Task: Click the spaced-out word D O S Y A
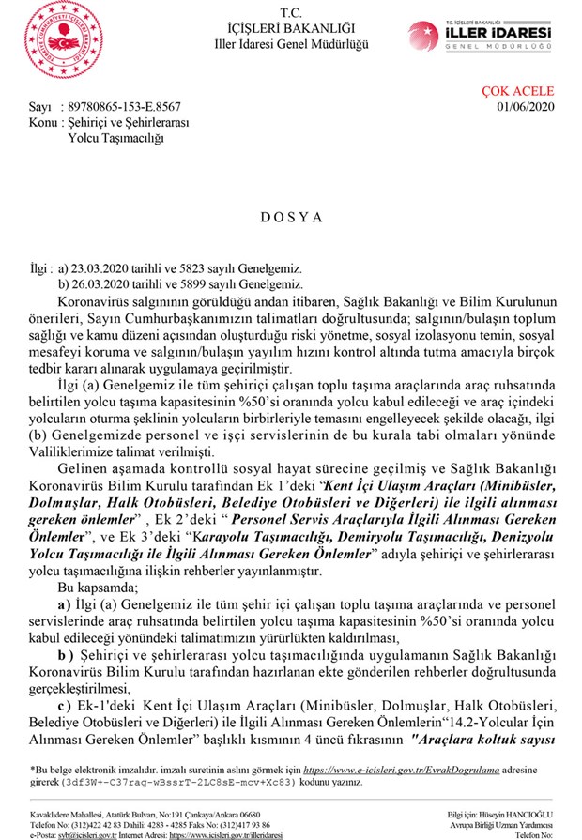click(x=291, y=217)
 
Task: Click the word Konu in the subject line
click(x=41, y=123)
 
